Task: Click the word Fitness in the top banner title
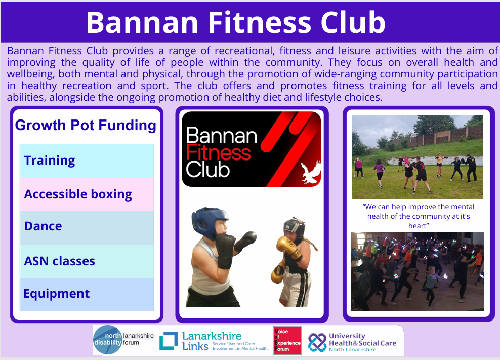pyautogui.click(x=260, y=22)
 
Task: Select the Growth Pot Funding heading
pyautogui.click(x=86, y=125)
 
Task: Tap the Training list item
pyautogui.click(x=87, y=160)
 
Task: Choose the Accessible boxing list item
pyautogui.click(x=87, y=194)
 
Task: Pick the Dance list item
pyautogui.click(x=87, y=227)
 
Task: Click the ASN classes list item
pyautogui.click(x=87, y=261)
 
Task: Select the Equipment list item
pyautogui.click(x=87, y=294)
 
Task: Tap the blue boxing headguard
pyautogui.click(x=209, y=222)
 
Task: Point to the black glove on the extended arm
pyautogui.click(x=245, y=241)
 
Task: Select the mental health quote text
pyautogui.click(x=419, y=216)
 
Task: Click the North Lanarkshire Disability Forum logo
pyautogui.click(x=123, y=340)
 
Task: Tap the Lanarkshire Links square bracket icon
pyautogui.click(x=169, y=341)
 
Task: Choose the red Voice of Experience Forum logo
pyautogui.click(x=287, y=340)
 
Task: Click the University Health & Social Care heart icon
pyautogui.click(x=317, y=342)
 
